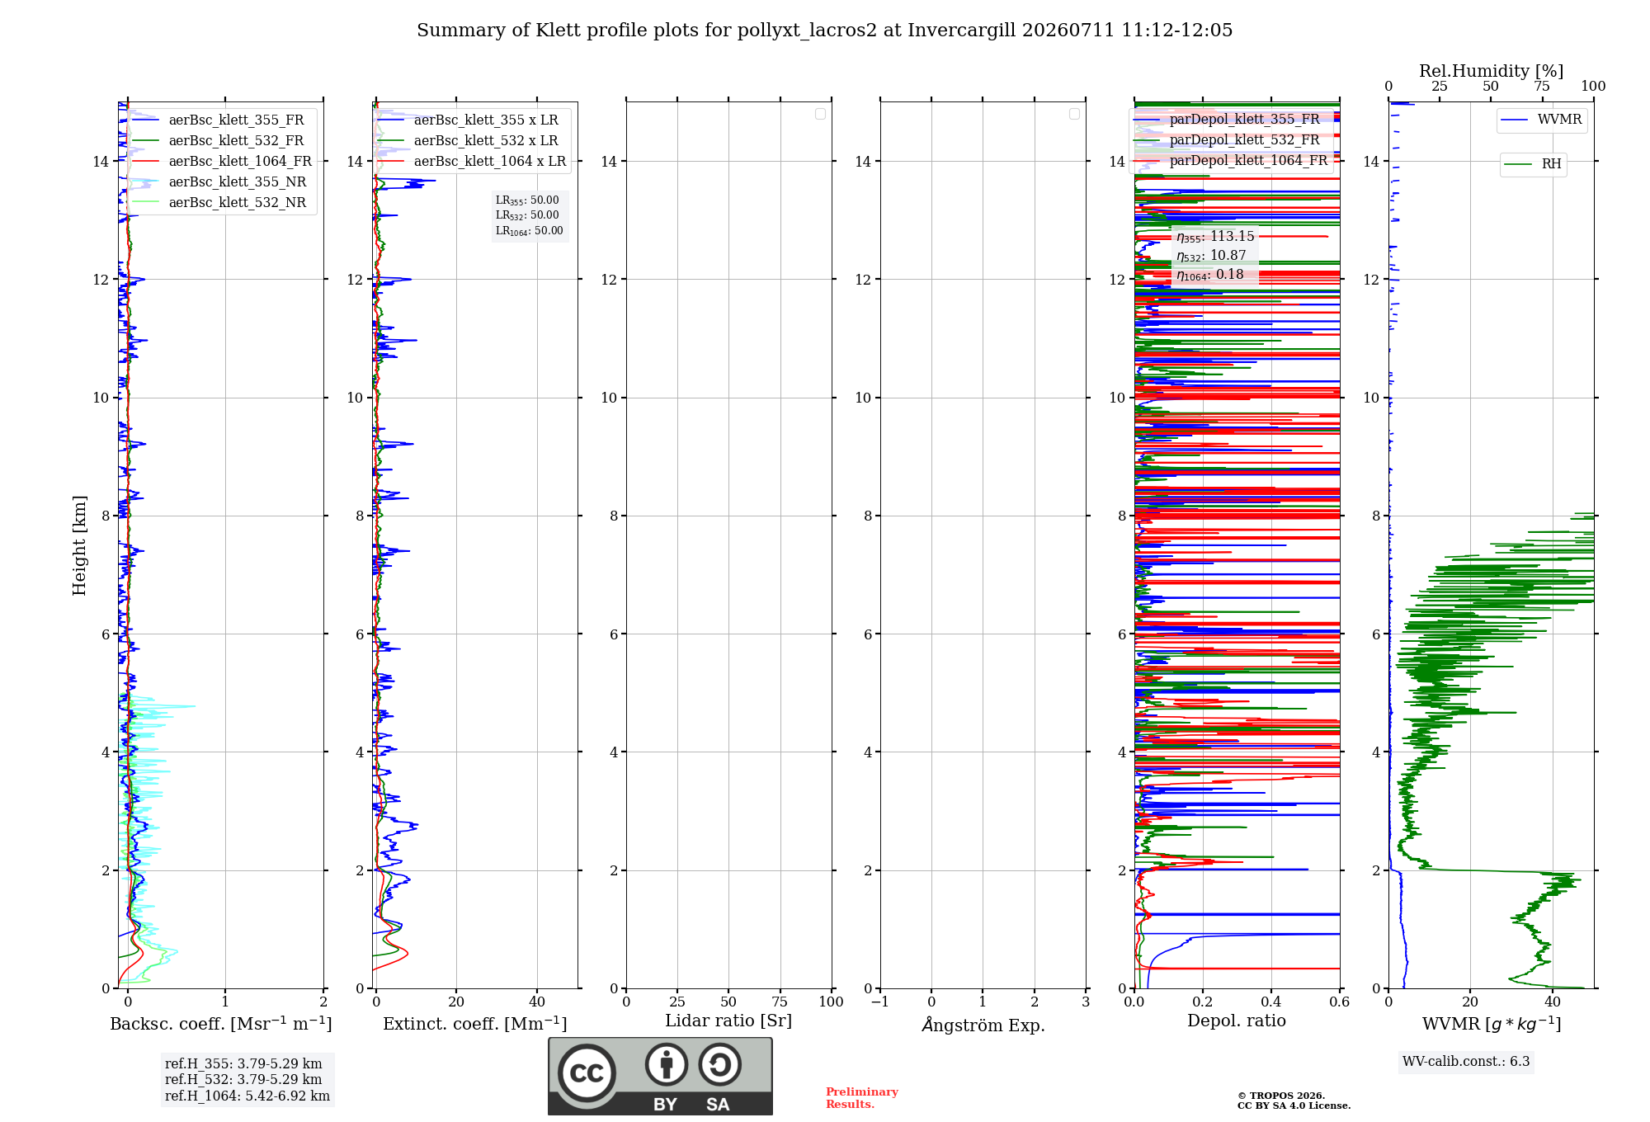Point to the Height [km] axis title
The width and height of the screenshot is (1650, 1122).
(79, 545)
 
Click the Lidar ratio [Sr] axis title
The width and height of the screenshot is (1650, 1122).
(728, 1021)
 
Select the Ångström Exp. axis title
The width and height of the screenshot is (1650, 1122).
(983, 1024)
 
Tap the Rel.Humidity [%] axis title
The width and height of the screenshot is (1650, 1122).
(1492, 71)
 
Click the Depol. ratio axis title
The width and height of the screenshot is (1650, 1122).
(1237, 1021)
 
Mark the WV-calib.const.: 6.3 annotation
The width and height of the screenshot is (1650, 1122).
(1466, 1062)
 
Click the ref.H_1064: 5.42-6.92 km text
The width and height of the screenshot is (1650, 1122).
(247, 1096)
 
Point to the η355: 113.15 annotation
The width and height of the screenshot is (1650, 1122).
(1215, 237)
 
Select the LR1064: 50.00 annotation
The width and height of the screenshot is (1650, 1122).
(530, 231)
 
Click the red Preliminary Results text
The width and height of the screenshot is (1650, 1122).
(862, 1098)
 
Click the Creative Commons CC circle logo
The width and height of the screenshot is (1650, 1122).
(587, 1072)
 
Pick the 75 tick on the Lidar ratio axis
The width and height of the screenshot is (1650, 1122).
(780, 1002)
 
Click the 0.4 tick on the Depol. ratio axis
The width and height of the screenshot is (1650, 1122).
(1271, 1002)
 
